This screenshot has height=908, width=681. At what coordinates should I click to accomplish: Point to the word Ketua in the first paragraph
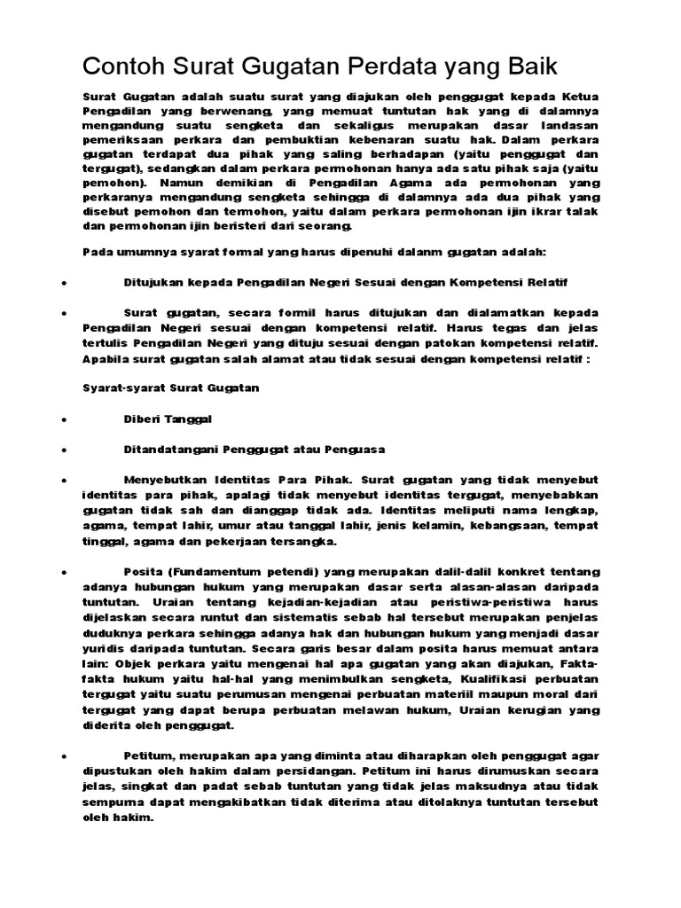coord(581,96)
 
